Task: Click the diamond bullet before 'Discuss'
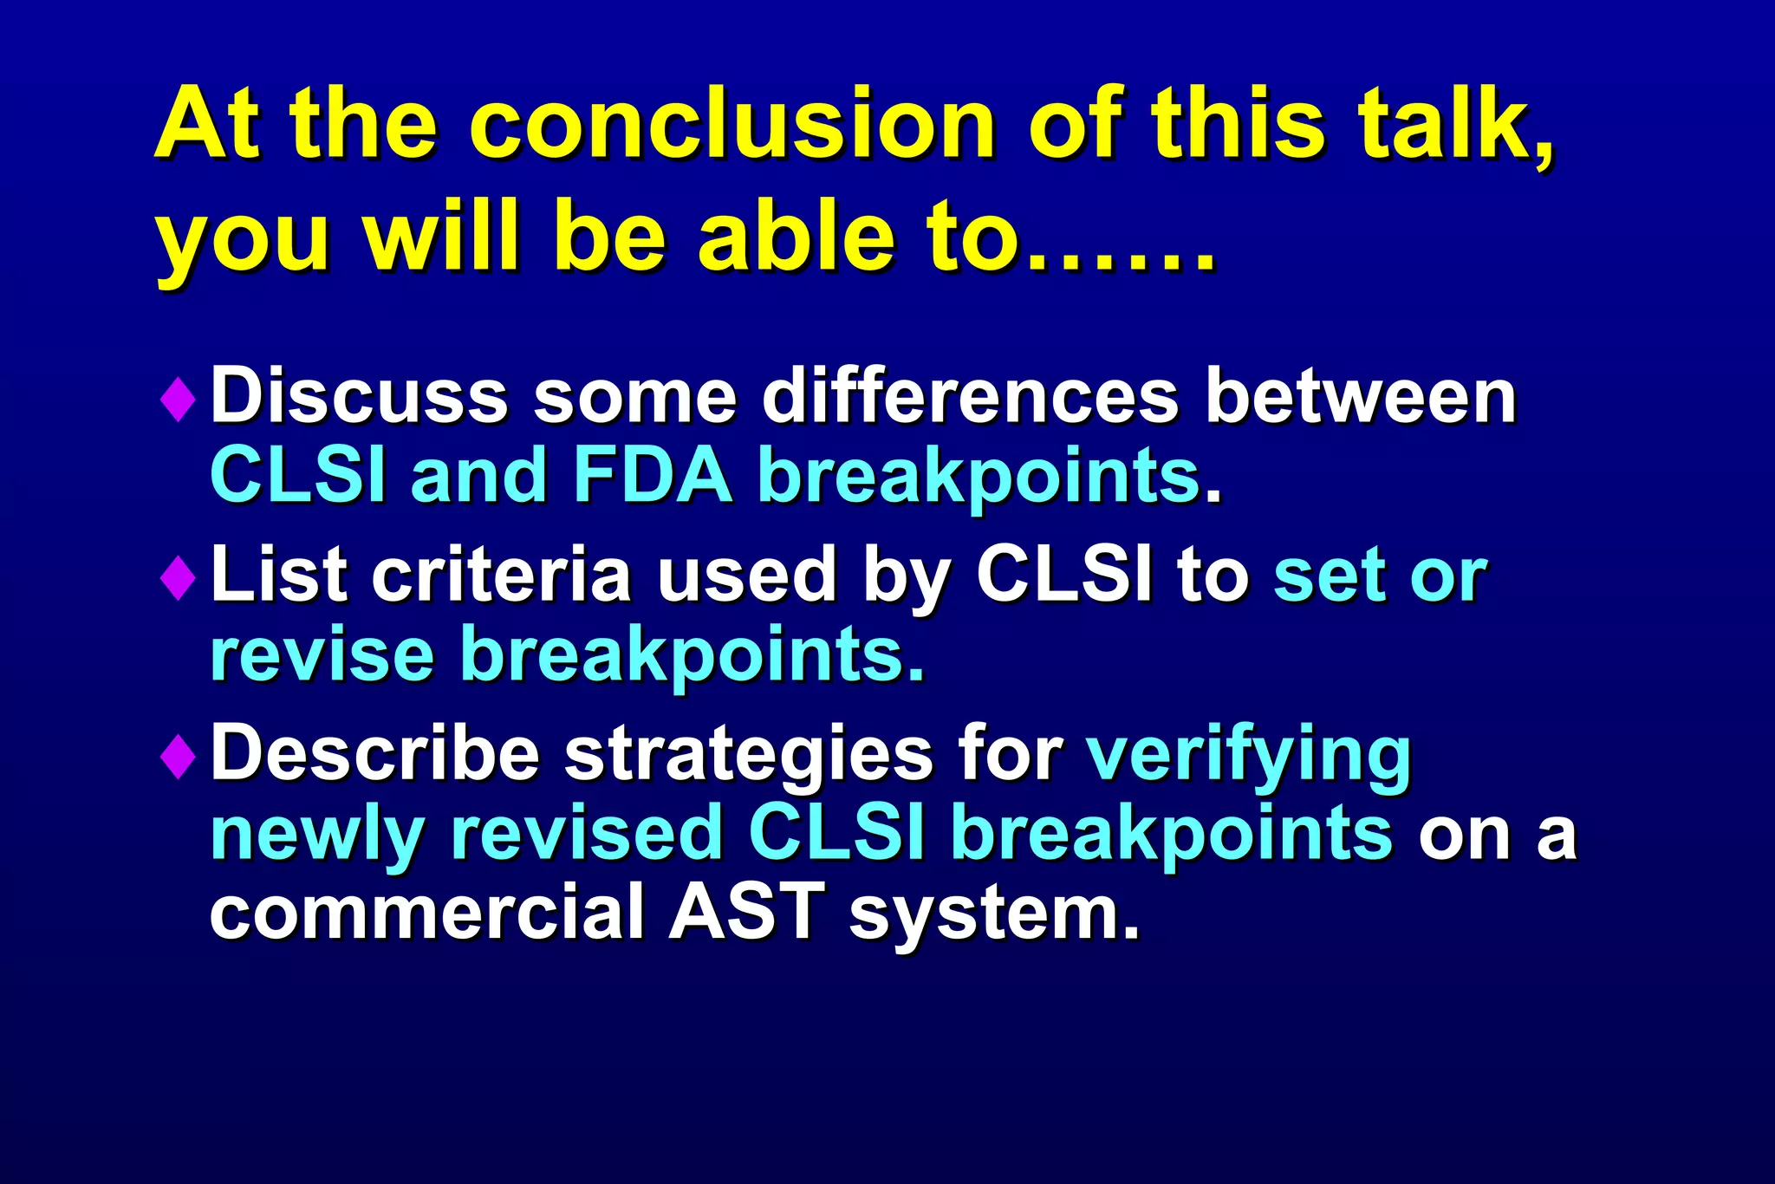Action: click(178, 400)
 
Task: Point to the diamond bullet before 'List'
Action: click(178, 577)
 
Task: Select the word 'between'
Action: click(1360, 396)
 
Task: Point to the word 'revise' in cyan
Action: click(322, 654)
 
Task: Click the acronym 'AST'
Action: click(745, 912)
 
